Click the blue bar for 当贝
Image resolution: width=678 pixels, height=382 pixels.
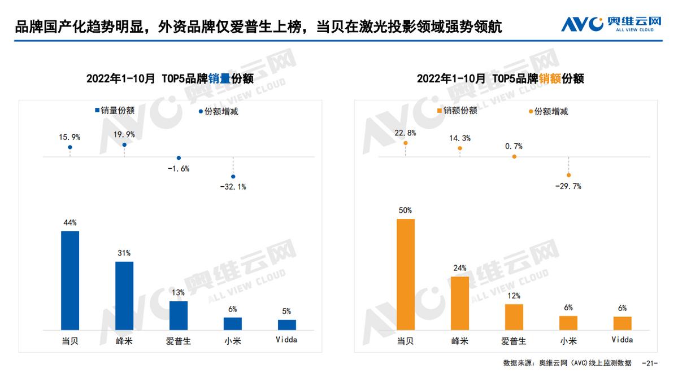point(70,280)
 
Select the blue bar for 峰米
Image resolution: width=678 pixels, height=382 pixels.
point(124,296)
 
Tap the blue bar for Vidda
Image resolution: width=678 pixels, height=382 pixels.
point(287,324)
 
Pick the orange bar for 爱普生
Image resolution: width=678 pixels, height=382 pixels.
point(514,317)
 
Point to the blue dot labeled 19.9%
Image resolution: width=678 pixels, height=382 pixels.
point(124,145)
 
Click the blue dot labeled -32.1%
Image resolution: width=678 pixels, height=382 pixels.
point(233,176)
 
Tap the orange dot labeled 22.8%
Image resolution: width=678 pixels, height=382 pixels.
point(406,143)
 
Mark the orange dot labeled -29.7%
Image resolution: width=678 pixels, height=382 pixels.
point(568,175)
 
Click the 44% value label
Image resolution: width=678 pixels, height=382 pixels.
point(70,222)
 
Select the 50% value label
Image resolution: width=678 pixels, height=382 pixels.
point(406,210)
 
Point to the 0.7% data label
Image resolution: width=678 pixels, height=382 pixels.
point(514,146)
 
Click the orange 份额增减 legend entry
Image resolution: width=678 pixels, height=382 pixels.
point(547,111)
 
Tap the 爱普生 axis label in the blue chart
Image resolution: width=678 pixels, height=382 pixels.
point(179,341)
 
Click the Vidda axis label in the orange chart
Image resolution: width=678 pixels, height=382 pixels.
point(623,340)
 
